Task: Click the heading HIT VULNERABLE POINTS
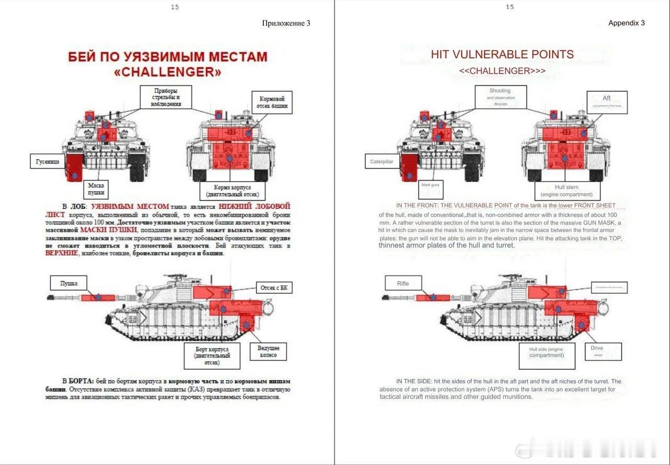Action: [502, 54]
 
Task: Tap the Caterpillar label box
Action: [382, 162]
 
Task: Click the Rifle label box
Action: [403, 283]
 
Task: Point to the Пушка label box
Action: [69, 283]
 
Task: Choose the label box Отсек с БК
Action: [274, 288]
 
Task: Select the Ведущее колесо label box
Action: [268, 351]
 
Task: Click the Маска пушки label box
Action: [96, 189]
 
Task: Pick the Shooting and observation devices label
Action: [500, 97]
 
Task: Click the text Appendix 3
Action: [626, 23]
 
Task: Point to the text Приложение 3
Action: [286, 23]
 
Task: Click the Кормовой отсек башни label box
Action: [270, 103]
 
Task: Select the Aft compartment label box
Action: [607, 102]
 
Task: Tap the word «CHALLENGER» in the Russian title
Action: [167, 72]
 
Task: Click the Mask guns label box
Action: [430, 185]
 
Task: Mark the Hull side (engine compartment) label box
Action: [545, 356]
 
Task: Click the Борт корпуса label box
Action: [211, 356]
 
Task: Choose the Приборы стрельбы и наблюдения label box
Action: [166, 97]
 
